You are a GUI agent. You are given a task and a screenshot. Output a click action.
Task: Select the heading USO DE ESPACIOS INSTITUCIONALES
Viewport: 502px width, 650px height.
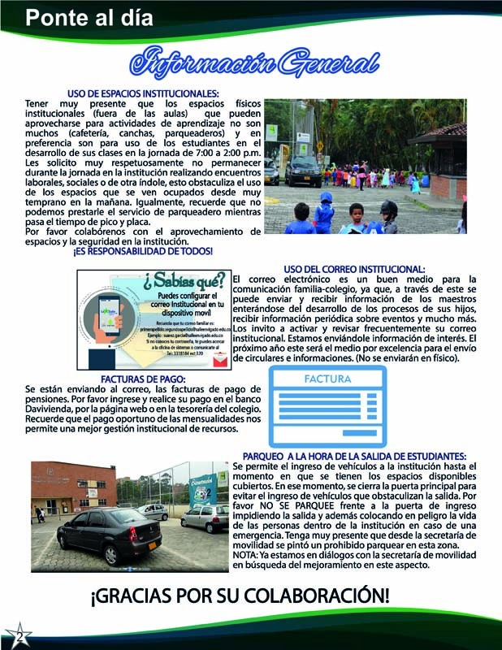click(143, 93)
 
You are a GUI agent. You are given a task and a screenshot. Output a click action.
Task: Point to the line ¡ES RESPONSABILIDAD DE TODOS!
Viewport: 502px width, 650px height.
click(143, 251)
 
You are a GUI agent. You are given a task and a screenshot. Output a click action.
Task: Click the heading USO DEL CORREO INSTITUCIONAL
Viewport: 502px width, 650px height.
click(353, 269)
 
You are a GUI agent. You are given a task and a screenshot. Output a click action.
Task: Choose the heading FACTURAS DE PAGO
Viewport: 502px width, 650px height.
click(143, 379)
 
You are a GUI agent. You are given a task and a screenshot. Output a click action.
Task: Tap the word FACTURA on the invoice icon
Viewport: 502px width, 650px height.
click(327, 379)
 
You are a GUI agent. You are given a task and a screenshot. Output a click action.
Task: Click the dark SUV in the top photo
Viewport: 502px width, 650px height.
click(303, 170)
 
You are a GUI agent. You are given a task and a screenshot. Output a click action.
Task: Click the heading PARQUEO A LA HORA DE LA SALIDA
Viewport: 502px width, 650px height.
click(353, 456)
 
